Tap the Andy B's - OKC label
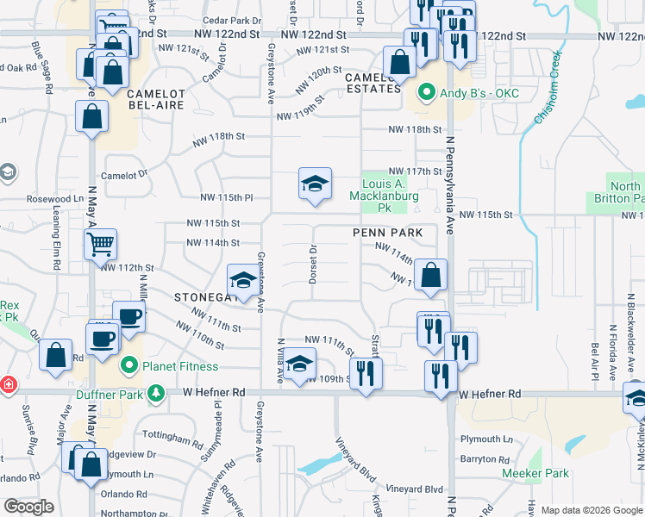470,93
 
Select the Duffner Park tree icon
156,394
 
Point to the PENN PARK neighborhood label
387,233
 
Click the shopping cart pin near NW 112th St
101,244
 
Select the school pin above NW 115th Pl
315,184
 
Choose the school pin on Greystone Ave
244,282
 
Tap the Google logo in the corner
29,507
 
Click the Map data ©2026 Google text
592,510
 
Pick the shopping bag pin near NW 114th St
430,276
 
